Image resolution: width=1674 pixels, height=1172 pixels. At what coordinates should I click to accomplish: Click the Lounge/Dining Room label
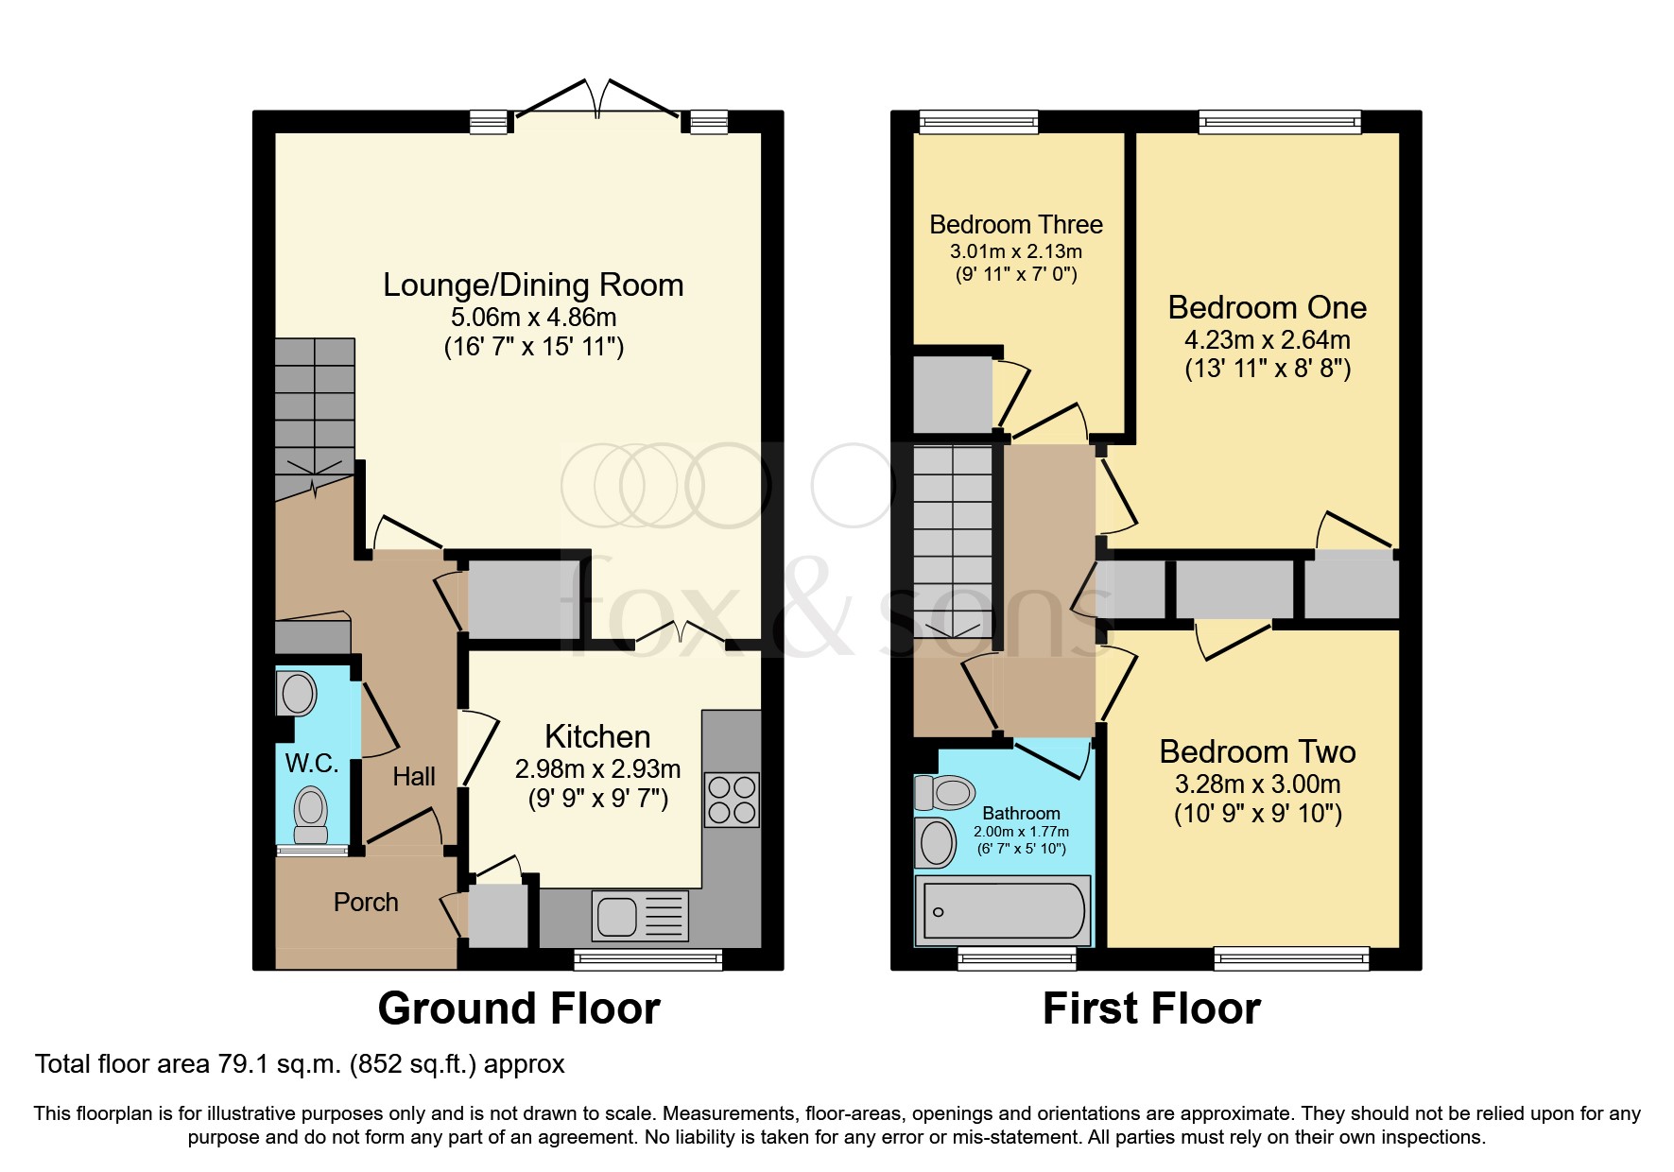coord(533,285)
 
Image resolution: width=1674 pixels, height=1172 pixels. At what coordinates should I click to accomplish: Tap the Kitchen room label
coord(597,736)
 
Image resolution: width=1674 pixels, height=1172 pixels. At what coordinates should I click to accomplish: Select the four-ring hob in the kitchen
coord(732,800)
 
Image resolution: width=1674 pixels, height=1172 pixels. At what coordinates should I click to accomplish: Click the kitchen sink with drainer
coord(640,916)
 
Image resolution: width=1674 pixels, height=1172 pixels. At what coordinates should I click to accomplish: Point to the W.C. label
coord(312,764)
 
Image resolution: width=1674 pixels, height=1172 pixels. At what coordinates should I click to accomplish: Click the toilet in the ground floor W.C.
coord(311,815)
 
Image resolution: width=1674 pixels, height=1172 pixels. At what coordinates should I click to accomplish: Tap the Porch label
coord(366,903)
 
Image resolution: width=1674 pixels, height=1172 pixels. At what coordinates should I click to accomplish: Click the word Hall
coord(414,777)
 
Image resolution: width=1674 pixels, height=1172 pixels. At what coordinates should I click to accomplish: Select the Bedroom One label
coord(1268,308)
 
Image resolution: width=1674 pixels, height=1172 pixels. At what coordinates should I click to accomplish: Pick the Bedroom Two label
coord(1257,752)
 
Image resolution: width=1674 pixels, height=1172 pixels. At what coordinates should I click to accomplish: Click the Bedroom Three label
coord(1016,225)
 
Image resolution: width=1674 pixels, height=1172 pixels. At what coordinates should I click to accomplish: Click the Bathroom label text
coord(1021,814)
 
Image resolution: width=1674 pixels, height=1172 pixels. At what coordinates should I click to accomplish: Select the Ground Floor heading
coord(519,1008)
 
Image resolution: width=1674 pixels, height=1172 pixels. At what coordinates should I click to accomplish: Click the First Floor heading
coord(1151,1008)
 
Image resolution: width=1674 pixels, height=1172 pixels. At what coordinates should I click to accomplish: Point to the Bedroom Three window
coord(978,121)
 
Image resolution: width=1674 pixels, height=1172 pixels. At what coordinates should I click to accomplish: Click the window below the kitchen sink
coord(648,959)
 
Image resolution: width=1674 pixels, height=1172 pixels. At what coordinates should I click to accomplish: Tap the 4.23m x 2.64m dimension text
coord(1268,340)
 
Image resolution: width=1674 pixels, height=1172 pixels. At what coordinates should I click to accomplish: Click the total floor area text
coord(300,1064)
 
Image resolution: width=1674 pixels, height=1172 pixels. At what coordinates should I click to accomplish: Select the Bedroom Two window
coord(1292,958)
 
